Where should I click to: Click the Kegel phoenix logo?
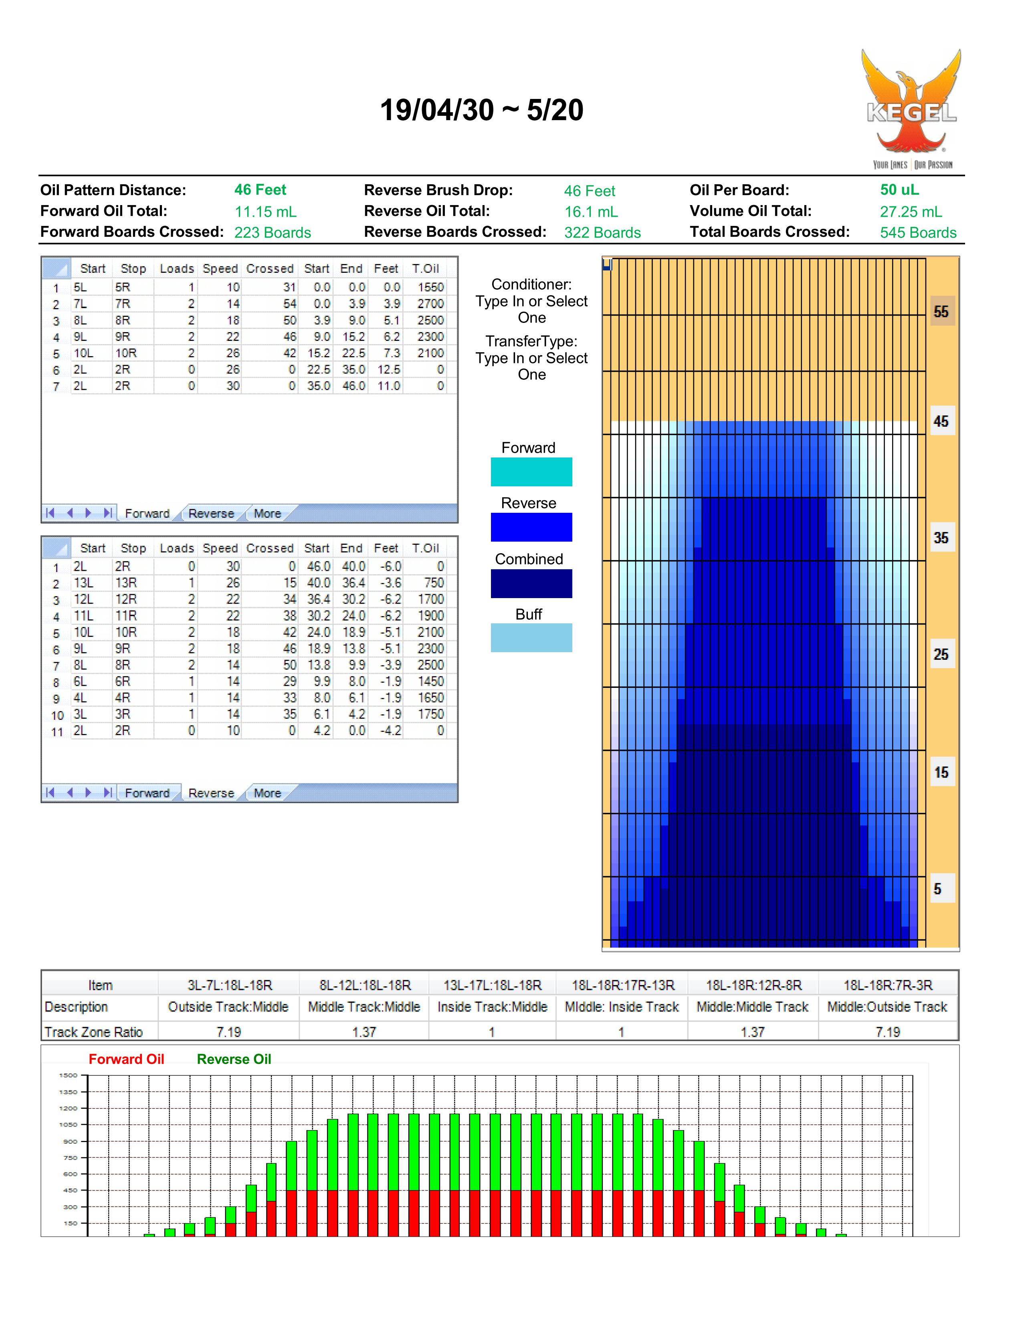coord(912,109)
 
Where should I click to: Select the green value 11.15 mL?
coord(265,212)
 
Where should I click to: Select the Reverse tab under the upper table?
coord(211,513)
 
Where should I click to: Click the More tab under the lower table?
coord(267,793)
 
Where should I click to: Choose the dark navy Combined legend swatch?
coord(531,584)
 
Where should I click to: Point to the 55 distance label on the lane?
coord(941,311)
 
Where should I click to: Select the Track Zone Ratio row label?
coord(94,1032)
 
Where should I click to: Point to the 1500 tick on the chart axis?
coord(69,1075)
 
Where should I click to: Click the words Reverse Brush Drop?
coord(438,190)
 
